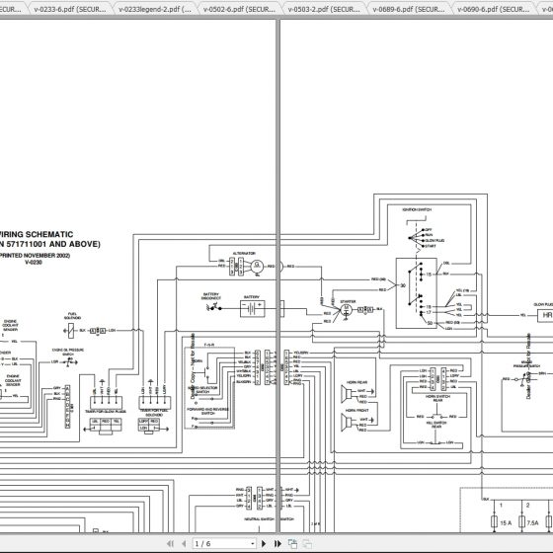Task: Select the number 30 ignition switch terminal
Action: pos(402,282)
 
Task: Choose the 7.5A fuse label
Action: pos(532,522)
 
